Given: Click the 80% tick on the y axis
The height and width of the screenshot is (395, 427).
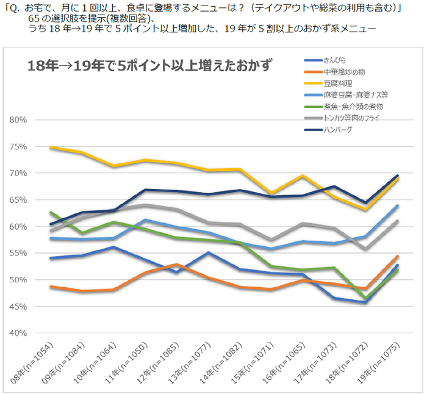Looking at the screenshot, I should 19,120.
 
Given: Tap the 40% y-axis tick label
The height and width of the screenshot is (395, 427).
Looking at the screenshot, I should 19,333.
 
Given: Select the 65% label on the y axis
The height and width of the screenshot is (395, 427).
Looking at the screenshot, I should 19,200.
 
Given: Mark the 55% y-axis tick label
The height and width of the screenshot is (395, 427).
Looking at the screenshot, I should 19,253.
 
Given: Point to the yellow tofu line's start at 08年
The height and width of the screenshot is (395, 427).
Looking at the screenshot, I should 51,147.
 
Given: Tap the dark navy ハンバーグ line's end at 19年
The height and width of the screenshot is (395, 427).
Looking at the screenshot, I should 398,176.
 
